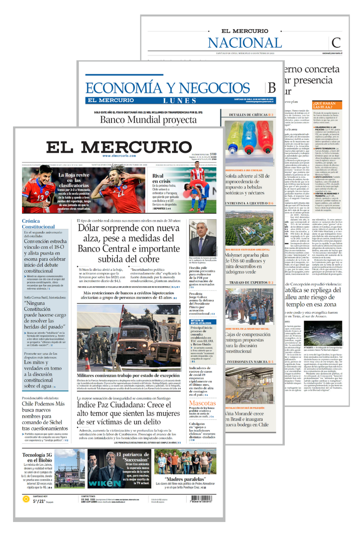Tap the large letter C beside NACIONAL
coord(336,43)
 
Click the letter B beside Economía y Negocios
coord(271,88)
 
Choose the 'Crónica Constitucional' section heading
coord(38,224)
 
